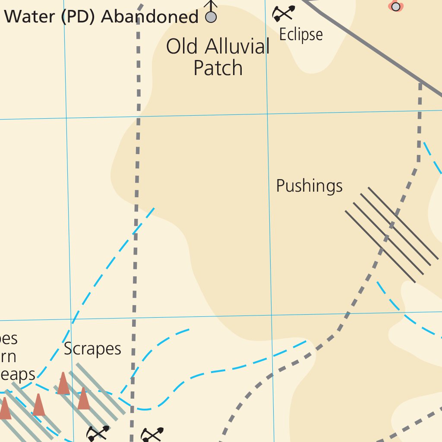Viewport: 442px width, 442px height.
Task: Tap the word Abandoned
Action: click(150, 17)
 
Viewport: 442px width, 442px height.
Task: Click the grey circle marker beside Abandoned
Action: click(211, 17)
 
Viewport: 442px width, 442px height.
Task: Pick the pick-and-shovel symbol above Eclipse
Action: click(283, 13)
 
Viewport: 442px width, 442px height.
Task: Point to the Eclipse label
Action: click(301, 35)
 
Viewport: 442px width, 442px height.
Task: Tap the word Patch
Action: click(218, 68)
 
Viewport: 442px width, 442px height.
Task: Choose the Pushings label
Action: click(309, 186)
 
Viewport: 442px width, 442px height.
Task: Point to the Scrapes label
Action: click(92, 349)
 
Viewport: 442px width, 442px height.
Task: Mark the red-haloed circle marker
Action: click(395, 6)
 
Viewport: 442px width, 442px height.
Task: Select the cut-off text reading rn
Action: click(9, 357)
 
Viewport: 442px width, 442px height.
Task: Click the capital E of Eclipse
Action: click(283, 35)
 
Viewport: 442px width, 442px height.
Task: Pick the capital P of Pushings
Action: click(280, 186)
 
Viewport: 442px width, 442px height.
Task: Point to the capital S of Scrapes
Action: click(68, 349)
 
